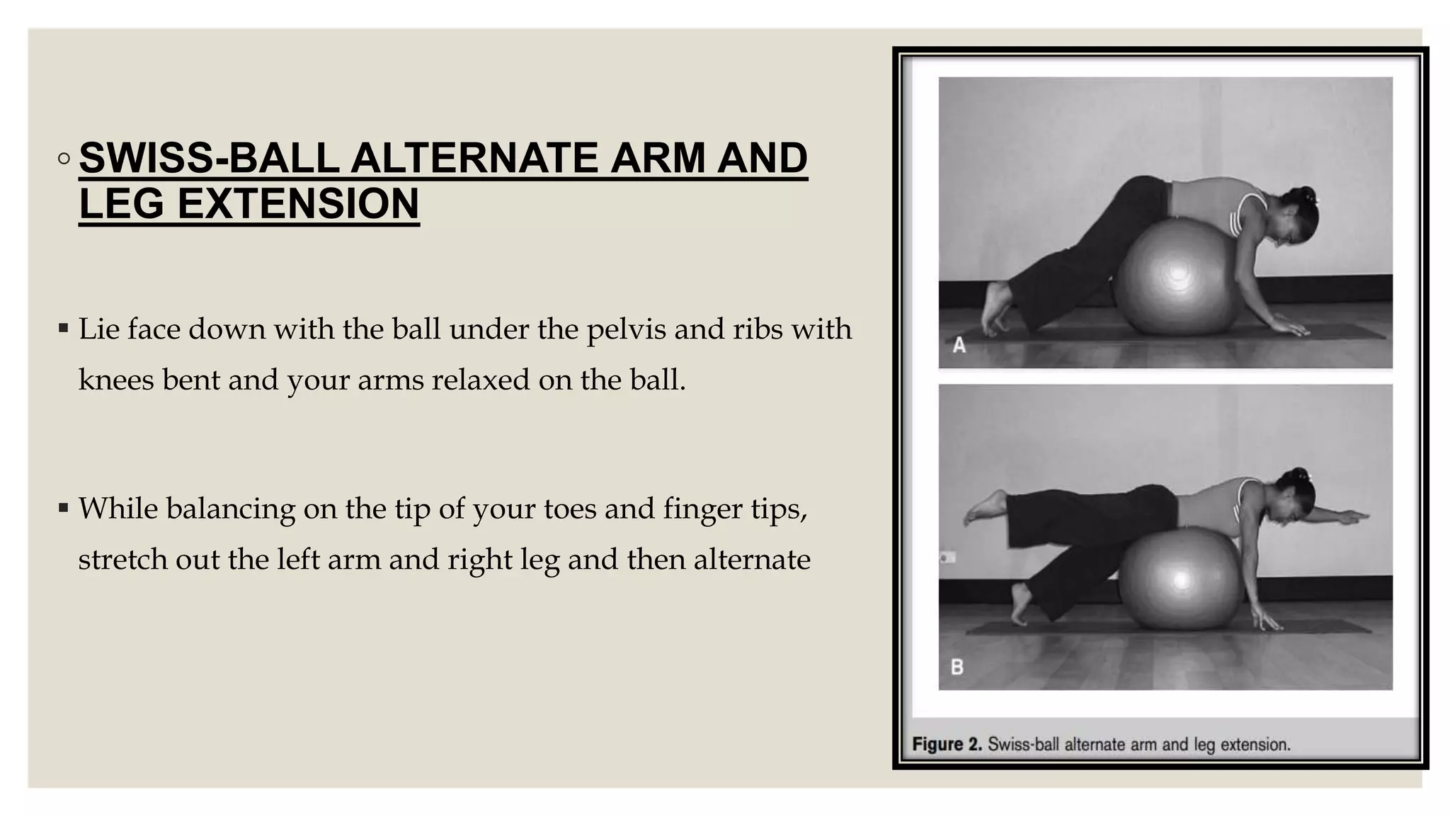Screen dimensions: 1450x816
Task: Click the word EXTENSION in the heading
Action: click(298, 203)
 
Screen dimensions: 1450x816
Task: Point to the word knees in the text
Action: click(116, 380)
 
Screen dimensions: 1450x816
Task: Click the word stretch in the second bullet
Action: click(122, 560)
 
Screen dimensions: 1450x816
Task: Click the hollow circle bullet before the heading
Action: click(64, 159)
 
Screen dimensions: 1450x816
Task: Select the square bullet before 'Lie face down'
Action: click(64, 328)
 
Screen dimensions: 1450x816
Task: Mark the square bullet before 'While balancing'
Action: click(64, 507)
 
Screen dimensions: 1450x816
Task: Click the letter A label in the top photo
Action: click(959, 345)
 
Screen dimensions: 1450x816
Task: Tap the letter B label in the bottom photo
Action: click(957, 667)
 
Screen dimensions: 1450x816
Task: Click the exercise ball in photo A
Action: click(1177, 277)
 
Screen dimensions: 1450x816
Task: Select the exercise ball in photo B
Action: click(1181, 579)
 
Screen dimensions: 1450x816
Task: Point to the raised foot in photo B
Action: click(985, 507)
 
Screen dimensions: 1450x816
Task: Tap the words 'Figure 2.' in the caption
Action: click(947, 744)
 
